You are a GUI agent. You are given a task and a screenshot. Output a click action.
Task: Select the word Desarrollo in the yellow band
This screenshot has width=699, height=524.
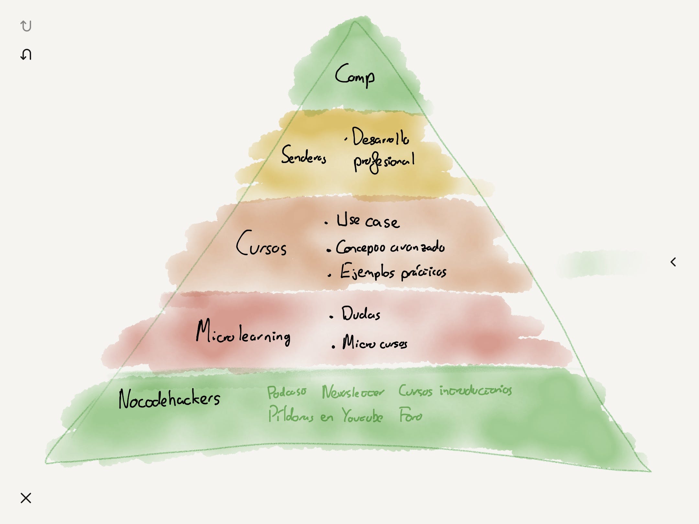tap(381, 137)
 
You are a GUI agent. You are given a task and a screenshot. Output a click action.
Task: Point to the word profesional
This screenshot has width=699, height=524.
tap(384, 162)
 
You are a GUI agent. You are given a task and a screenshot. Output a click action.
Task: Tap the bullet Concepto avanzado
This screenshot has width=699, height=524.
tap(390, 247)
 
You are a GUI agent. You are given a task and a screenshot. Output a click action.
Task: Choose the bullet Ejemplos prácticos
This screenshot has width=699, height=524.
tap(393, 272)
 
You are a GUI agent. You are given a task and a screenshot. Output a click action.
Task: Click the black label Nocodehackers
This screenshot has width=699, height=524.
tap(169, 399)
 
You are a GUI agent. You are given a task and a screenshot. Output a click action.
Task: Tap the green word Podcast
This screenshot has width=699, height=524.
tap(286, 392)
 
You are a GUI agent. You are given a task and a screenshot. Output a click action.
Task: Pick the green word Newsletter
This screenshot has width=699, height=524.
tap(353, 392)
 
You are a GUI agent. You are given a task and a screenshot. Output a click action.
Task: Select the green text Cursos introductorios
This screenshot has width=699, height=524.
tap(455, 391)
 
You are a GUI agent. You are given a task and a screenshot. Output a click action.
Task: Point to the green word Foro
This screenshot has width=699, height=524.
tap(410, 415)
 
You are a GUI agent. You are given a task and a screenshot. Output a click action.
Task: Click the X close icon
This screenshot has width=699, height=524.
tap(26, 498)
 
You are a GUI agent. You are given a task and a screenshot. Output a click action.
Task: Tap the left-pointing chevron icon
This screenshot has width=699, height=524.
tap(673, 262)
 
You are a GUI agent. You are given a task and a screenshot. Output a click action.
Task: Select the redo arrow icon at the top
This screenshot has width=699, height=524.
tap(26, 26)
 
